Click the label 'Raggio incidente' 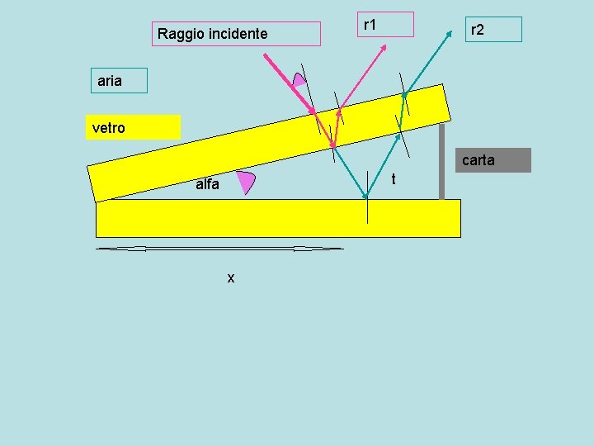pos(213,34)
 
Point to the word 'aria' pos(110,81)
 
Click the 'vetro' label pos(109,128)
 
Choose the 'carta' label pos(478,160)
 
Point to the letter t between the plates pos(394,179)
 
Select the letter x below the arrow pos(231,278)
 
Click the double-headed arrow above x pos(219,248)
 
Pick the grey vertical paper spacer pos(441,162)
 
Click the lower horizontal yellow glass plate pos(278,218)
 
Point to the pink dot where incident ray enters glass pos(313,111)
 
